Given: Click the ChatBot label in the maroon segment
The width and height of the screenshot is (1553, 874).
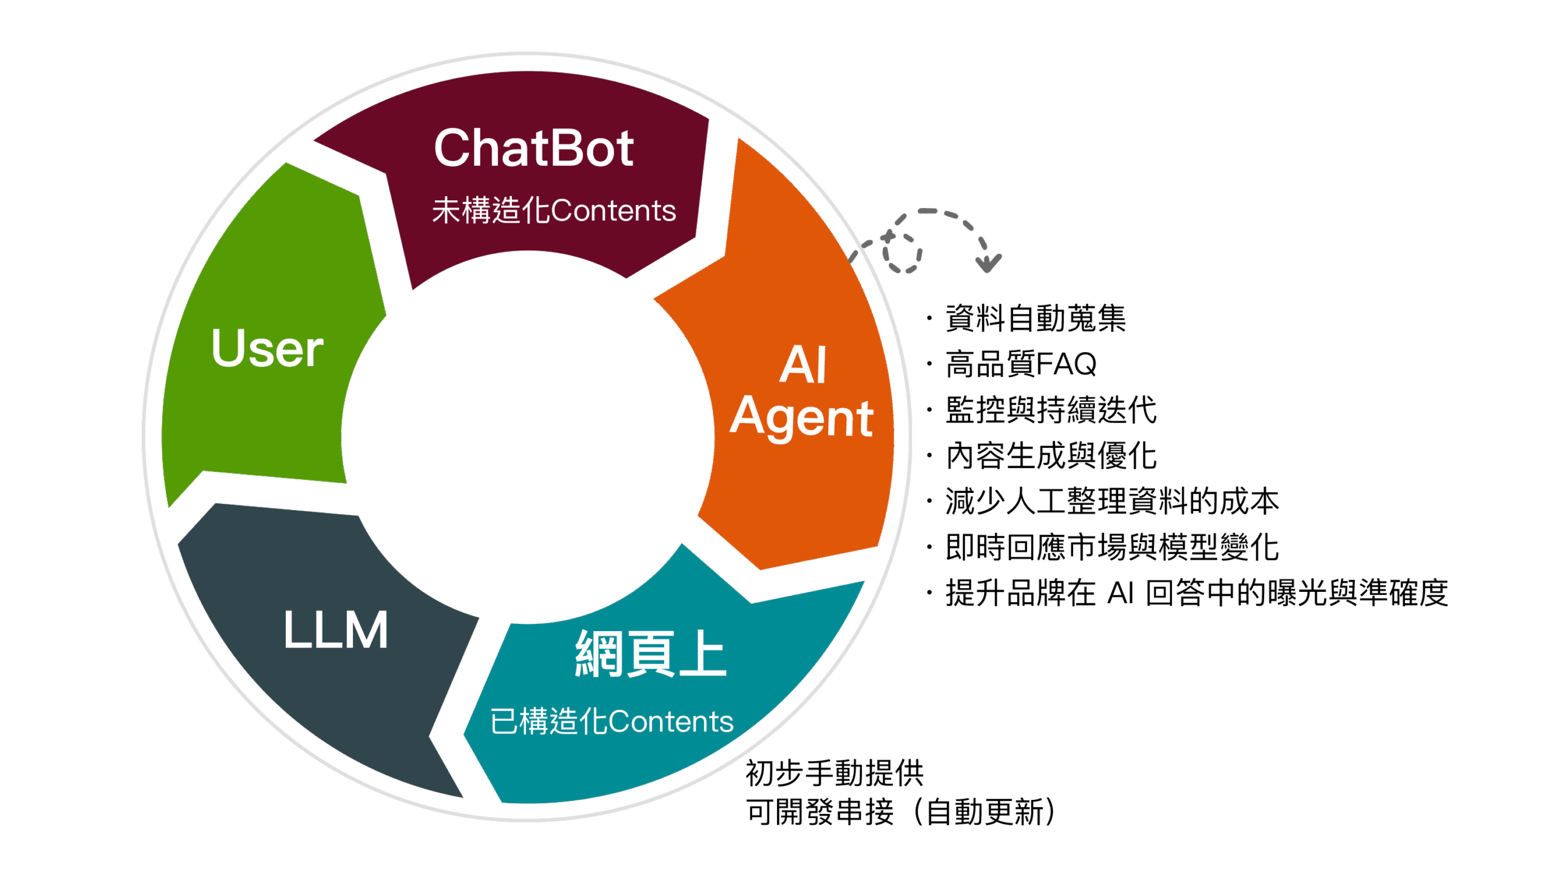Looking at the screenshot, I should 534,149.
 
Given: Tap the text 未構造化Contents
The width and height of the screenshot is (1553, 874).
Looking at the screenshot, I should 554,211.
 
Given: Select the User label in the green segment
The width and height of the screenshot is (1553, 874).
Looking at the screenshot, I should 268,348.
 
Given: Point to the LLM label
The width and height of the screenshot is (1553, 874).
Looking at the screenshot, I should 335,630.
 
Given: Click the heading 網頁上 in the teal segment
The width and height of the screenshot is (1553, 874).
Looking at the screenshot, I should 650,654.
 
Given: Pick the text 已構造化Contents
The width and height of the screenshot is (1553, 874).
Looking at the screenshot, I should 611,722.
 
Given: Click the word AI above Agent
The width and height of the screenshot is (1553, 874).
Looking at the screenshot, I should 803,365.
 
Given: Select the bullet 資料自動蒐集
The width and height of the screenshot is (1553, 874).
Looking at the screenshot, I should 1035,319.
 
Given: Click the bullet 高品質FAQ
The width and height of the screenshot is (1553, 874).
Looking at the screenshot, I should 1021,364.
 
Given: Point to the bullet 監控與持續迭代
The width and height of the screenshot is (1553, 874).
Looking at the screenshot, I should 1051,410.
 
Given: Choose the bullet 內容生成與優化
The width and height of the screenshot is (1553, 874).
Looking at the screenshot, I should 1051,455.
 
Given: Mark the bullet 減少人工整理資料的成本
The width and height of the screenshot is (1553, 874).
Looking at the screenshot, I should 1111,501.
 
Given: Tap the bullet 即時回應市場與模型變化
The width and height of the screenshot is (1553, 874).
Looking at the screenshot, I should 1111,547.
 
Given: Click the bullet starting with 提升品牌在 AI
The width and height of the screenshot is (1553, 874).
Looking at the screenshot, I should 1196,593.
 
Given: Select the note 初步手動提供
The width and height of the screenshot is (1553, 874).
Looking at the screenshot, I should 834,773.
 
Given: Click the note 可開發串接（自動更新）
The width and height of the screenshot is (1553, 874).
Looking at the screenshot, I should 901,812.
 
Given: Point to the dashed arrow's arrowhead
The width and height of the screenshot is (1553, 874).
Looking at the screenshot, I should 988,264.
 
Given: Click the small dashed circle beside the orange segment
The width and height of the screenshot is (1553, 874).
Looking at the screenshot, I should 902,251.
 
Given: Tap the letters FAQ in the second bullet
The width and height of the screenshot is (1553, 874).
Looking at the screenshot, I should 1066,364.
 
